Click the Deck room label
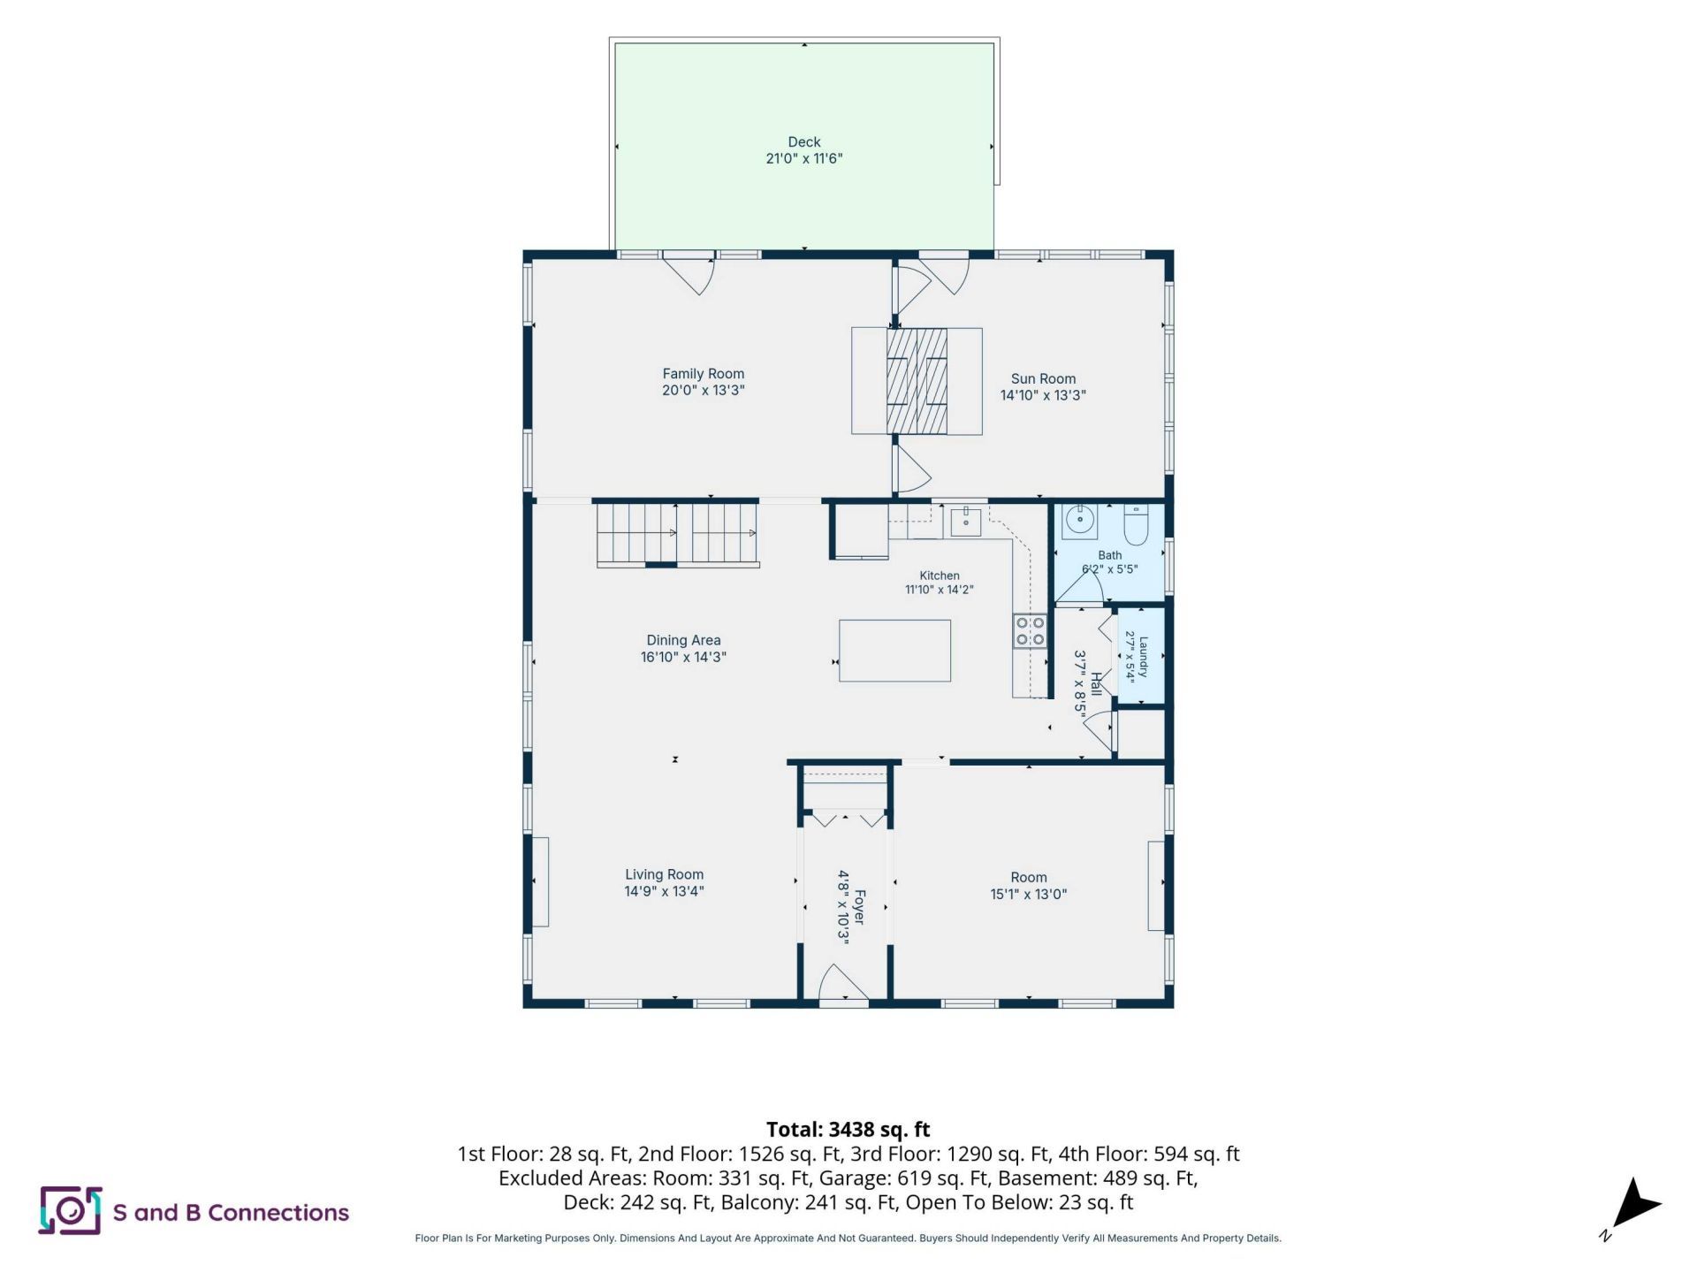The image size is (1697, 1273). pos(804,141)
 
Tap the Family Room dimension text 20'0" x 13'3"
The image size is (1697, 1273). pos(704,390)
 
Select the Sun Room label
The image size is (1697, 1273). pos(1043,378)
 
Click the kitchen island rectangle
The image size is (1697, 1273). pos(894,651)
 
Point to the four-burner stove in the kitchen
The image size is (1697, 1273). pos(1030,631)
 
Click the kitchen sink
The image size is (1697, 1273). pos(966,522)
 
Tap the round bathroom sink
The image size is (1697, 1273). pos(1079,520)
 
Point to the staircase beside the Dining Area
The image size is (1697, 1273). pos(678,533)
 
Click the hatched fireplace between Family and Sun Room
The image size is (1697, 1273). pos(917,381)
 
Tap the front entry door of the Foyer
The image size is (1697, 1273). pos(844,984)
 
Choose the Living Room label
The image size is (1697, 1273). pos(665,874)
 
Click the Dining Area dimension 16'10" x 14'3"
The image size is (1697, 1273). pos(683,657)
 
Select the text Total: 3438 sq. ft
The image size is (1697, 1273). pos(848,1129)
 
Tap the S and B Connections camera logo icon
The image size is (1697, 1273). pos(71,1210)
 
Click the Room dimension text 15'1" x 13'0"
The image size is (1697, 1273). pos(1029,894)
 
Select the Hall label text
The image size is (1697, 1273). pos(1096,683)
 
